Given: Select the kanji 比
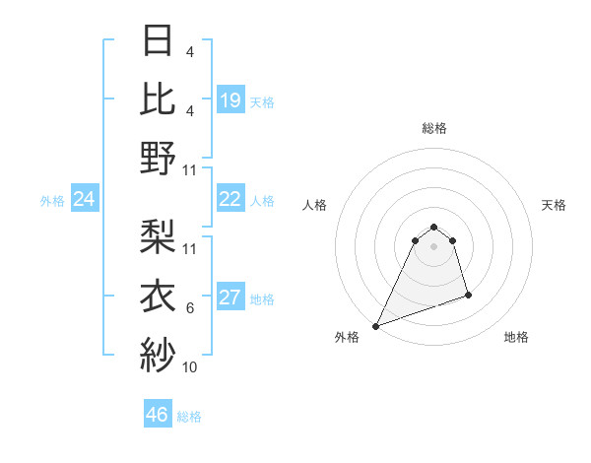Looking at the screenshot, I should tap(158, 98).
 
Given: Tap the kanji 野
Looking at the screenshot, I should tap(158, 157).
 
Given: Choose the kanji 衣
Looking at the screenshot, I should tap(158, 295).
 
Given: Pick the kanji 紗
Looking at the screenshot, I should tap(158, 353).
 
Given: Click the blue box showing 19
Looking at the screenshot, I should tap(230, 100).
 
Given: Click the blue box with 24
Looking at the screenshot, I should tap(85, 200).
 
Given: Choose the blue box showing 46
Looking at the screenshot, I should tap(158, 415).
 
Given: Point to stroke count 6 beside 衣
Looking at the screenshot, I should tap(190, 308).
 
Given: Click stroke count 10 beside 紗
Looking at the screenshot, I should tap(190, 367).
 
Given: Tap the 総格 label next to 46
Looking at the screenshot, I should tap(189, 417).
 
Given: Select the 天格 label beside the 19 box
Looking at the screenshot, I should tap(262, 101).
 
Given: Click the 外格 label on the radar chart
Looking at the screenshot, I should tap(347, 337).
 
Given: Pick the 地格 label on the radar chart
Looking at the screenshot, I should tap(516, 337).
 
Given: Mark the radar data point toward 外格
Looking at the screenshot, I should tap(375, 325).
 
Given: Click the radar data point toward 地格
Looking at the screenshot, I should tap(468, 295).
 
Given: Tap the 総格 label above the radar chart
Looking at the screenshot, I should tap(433, 128).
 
